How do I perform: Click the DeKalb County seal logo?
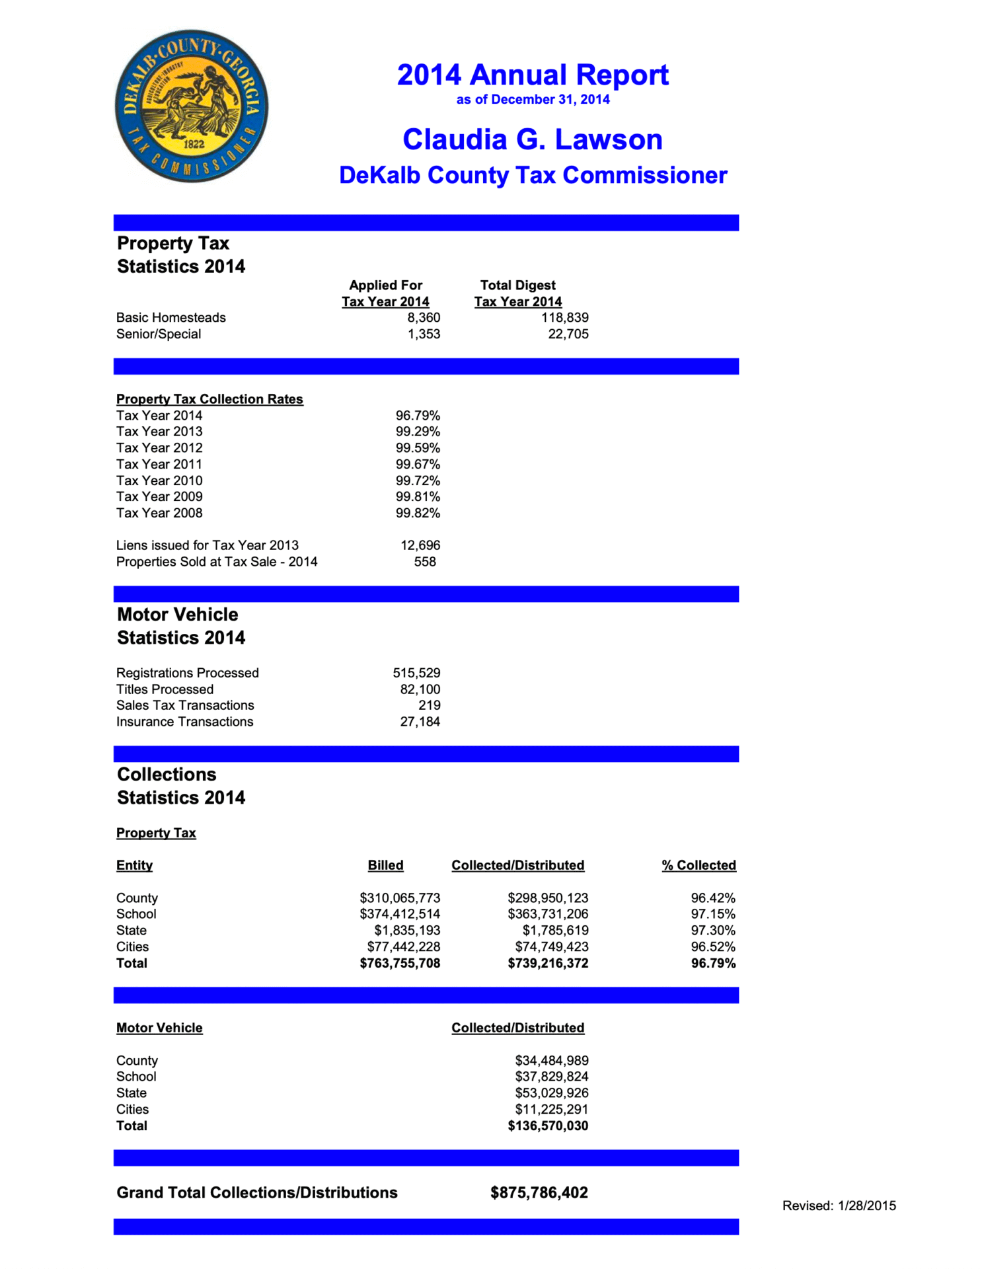point(192,106)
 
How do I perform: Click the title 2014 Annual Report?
point(533,75)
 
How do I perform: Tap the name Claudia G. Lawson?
point(533,139)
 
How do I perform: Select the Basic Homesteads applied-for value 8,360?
point(424,318)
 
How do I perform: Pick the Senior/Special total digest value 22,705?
point(568,334)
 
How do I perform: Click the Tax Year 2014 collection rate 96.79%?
point(418,416)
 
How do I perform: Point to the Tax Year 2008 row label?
point(159,514)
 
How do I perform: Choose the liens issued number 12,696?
point(420,546)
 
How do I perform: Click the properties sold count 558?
point(425,562)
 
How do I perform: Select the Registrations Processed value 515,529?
point(416,673)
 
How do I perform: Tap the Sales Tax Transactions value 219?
point(429,706)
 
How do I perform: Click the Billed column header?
point(385,866)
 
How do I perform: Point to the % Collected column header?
point(699,866)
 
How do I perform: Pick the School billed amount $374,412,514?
point(400,914)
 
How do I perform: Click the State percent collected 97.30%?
point(713,931)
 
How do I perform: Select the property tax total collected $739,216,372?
point(548,964)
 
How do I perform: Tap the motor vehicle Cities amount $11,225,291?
point(552,1110)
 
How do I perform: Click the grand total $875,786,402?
point(539,1193)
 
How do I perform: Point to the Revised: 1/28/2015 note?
point(839,1206)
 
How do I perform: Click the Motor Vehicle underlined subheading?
point(159,1028)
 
